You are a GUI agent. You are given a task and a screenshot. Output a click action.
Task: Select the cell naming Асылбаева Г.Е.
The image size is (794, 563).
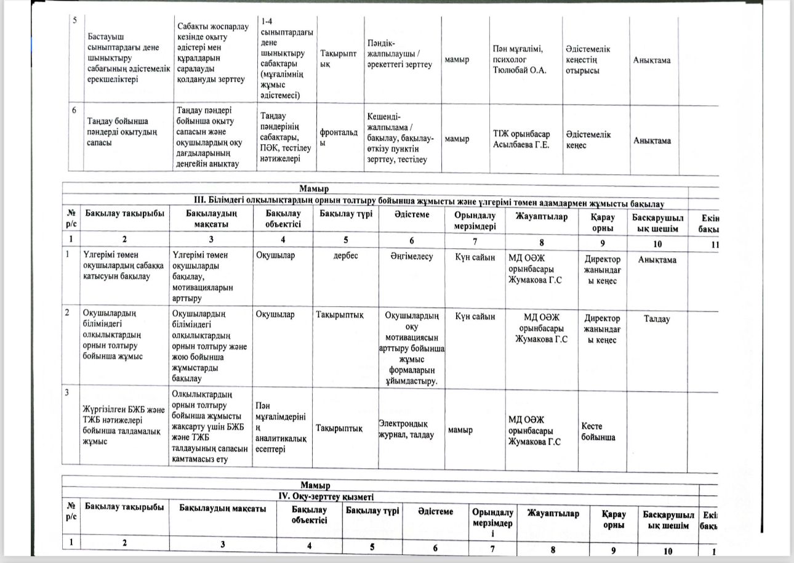point(521,139)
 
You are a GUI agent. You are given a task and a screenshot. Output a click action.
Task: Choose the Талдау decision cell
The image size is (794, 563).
point(657,319)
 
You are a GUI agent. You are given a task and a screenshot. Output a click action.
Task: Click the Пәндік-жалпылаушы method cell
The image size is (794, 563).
point(401,60)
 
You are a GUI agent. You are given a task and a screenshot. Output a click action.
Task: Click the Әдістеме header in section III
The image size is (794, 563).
point(412,214)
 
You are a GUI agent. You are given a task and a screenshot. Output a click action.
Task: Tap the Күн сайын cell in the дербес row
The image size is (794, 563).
point(474,258)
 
